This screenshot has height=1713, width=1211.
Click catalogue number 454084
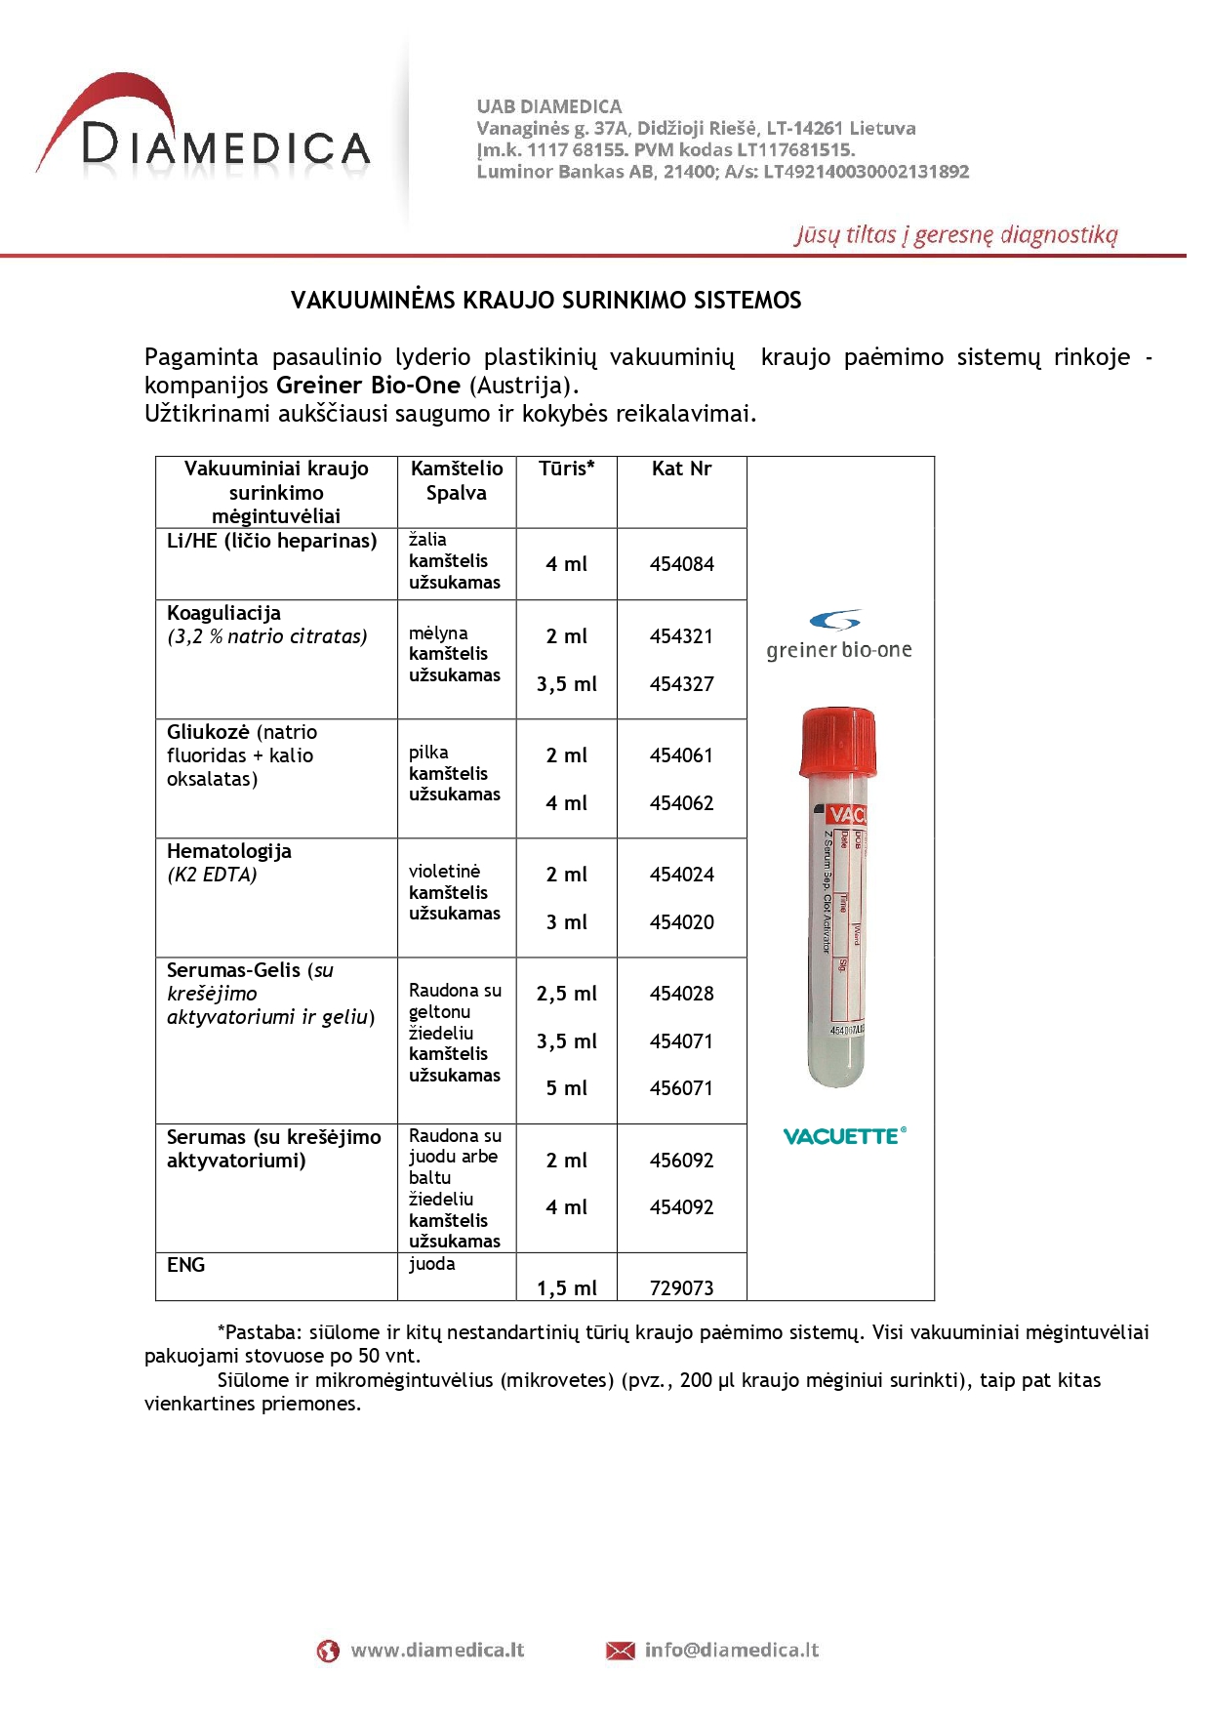[681, 564]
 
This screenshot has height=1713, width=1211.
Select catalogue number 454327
[681, 684]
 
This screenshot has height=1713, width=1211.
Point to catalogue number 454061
[681, 755]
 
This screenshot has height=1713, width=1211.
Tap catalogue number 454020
[681, 922]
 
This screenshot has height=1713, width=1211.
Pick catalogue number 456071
[681, 1088]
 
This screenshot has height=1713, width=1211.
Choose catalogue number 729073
[681, 1288]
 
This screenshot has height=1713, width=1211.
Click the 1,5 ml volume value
[566, 1288]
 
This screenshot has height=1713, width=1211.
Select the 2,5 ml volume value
[566, 994]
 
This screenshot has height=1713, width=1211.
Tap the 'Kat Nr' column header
[681, 469]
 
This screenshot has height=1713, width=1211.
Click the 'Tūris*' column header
[566, 469]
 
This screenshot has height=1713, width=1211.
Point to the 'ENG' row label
[185, 1265]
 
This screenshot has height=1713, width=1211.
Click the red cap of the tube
[837, 742]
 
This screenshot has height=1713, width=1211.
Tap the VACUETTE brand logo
[844, 1136]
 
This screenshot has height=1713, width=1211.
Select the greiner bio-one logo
[838, 636]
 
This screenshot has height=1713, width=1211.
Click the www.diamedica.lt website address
[437, 1651]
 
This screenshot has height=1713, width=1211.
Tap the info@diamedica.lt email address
[731, 1651]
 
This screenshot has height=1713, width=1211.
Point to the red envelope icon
[620, 1651]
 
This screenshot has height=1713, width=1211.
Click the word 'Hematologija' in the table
[228, 851]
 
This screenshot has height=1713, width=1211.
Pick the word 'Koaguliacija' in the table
[223, 613]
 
